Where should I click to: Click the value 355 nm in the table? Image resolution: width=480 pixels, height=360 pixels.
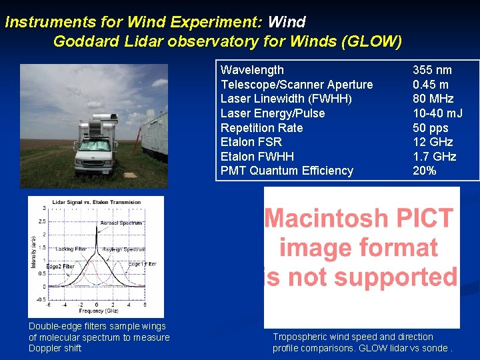[431, 70]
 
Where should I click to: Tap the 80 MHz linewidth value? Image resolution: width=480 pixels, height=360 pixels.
[433, 99]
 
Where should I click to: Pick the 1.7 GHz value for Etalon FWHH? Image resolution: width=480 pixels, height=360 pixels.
[434, 157]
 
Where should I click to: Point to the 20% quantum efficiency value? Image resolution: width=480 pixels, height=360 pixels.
[424, 171]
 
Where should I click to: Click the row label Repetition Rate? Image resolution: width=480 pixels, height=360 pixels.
[261, 128]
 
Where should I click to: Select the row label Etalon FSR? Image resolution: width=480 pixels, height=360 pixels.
[251, 142]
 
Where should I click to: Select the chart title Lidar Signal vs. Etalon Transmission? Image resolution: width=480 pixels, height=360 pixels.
[97, 201]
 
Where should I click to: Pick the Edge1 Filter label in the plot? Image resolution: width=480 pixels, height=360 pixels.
[142, 264]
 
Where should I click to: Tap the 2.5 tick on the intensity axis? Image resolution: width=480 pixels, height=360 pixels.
[42, 221]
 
